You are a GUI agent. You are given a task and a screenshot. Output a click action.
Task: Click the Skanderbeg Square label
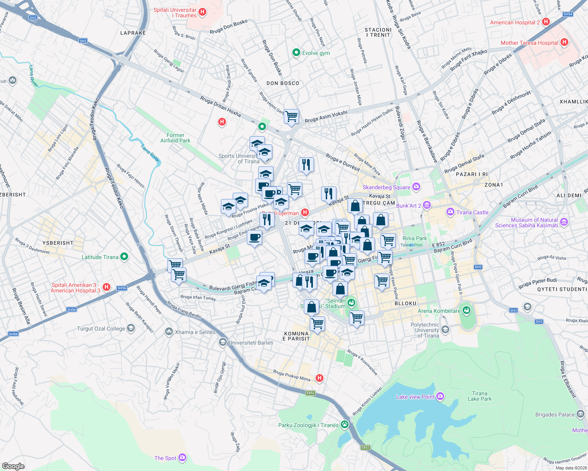click(x=386, y=187)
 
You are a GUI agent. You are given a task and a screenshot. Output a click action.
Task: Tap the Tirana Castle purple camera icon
click(x=450, y=212)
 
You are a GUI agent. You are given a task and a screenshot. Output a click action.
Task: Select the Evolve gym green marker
click(x=296, y=53)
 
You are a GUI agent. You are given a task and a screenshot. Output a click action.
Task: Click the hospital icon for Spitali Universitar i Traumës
click(x=202, y=12)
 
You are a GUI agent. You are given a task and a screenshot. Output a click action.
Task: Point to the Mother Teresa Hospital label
click(x=529, y=43)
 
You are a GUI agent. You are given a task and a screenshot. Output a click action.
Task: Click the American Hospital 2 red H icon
click(x=546, y=22)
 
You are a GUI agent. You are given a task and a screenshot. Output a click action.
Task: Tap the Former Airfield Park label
click(x=175, y=138)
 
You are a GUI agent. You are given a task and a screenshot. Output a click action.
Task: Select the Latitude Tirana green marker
click(x=124, y=257)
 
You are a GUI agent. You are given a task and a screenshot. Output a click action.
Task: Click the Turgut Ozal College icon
click(x=131, y=329)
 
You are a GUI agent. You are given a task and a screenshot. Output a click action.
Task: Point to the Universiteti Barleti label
click(x=251, y=343)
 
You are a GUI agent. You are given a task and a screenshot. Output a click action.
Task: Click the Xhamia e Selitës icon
click(x=169, y=332)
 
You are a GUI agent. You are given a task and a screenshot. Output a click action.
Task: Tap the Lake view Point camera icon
click(x=440, y=396)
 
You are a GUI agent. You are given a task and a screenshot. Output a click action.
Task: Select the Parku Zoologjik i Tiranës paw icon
click(x=345, y=424)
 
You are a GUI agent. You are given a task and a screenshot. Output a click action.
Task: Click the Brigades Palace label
click(x=555, y=414)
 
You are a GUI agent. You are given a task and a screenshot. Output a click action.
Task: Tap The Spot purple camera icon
click(x=182, y=458)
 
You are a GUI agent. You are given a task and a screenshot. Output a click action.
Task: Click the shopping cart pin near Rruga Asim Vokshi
click(x=291, y=116)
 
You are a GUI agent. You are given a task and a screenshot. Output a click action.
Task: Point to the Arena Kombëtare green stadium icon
click(x=466, y=310)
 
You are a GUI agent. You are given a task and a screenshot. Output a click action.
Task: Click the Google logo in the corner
click(x=13, y=466)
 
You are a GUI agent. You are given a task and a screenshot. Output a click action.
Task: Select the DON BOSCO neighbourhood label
click(x=283, y=83)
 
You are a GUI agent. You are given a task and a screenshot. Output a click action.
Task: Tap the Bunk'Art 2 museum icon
click(x=427, y=205)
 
